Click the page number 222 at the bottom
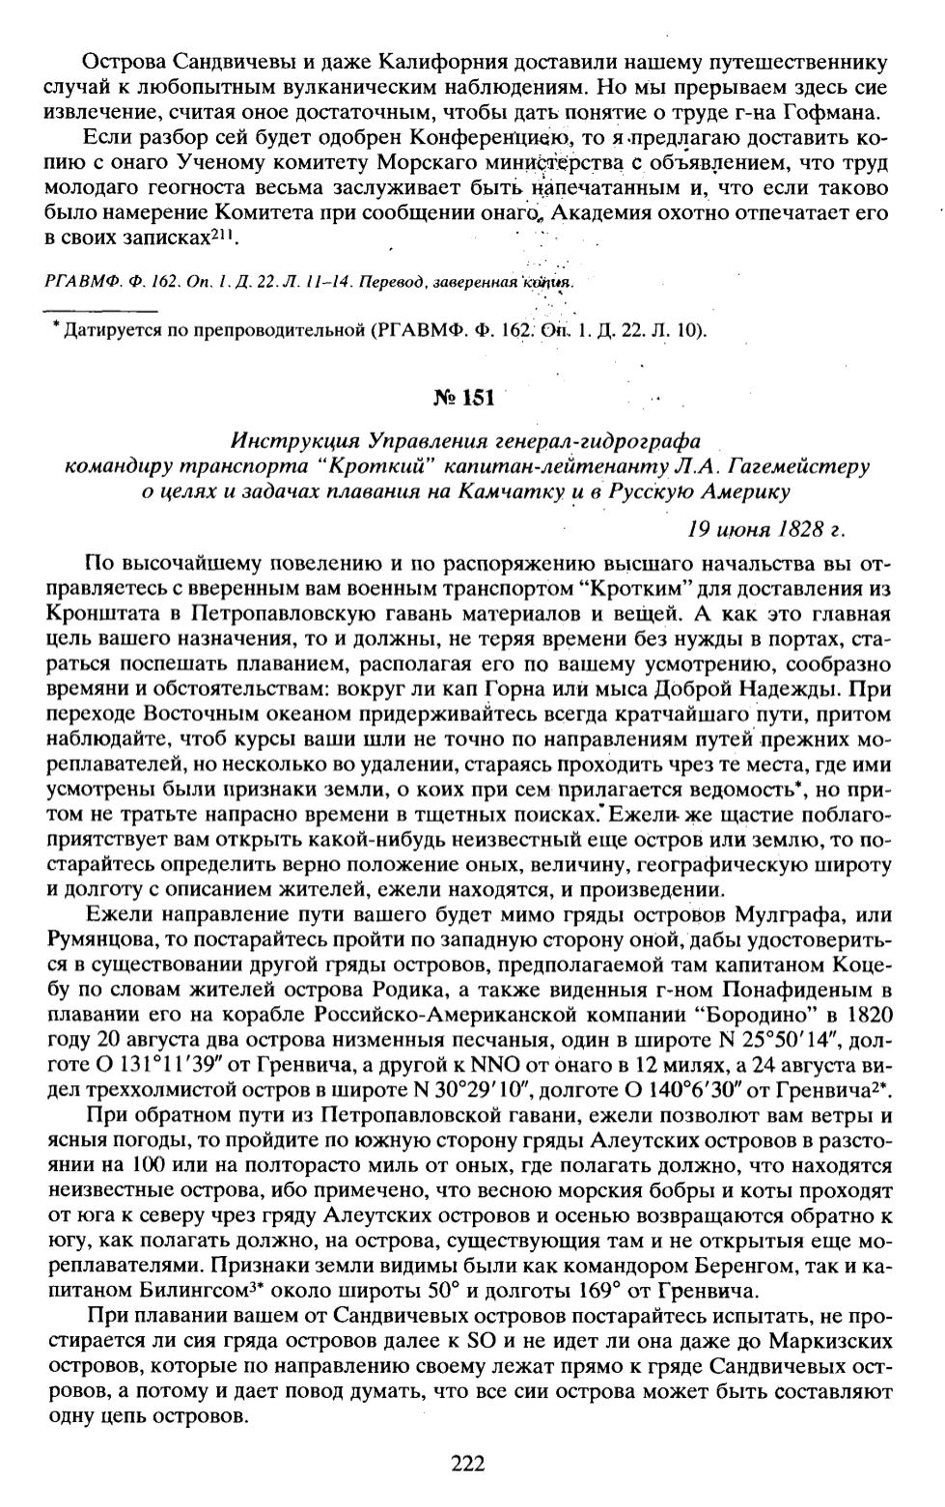(x=467, y=1463)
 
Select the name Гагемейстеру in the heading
(x=798, y=466)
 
